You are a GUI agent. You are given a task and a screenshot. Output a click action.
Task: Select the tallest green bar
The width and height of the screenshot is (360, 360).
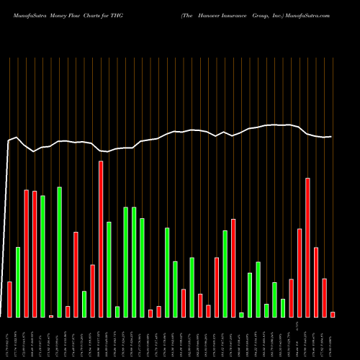(60, 252)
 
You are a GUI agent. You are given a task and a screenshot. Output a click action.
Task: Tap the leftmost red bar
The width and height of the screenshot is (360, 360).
(9, 299)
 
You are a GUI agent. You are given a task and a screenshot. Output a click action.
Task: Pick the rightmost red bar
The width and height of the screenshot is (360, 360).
(333, 314)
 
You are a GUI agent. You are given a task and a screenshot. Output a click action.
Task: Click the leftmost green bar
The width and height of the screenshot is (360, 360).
(18, 282)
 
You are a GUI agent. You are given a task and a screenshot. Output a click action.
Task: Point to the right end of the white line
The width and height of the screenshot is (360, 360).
(331, 137)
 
